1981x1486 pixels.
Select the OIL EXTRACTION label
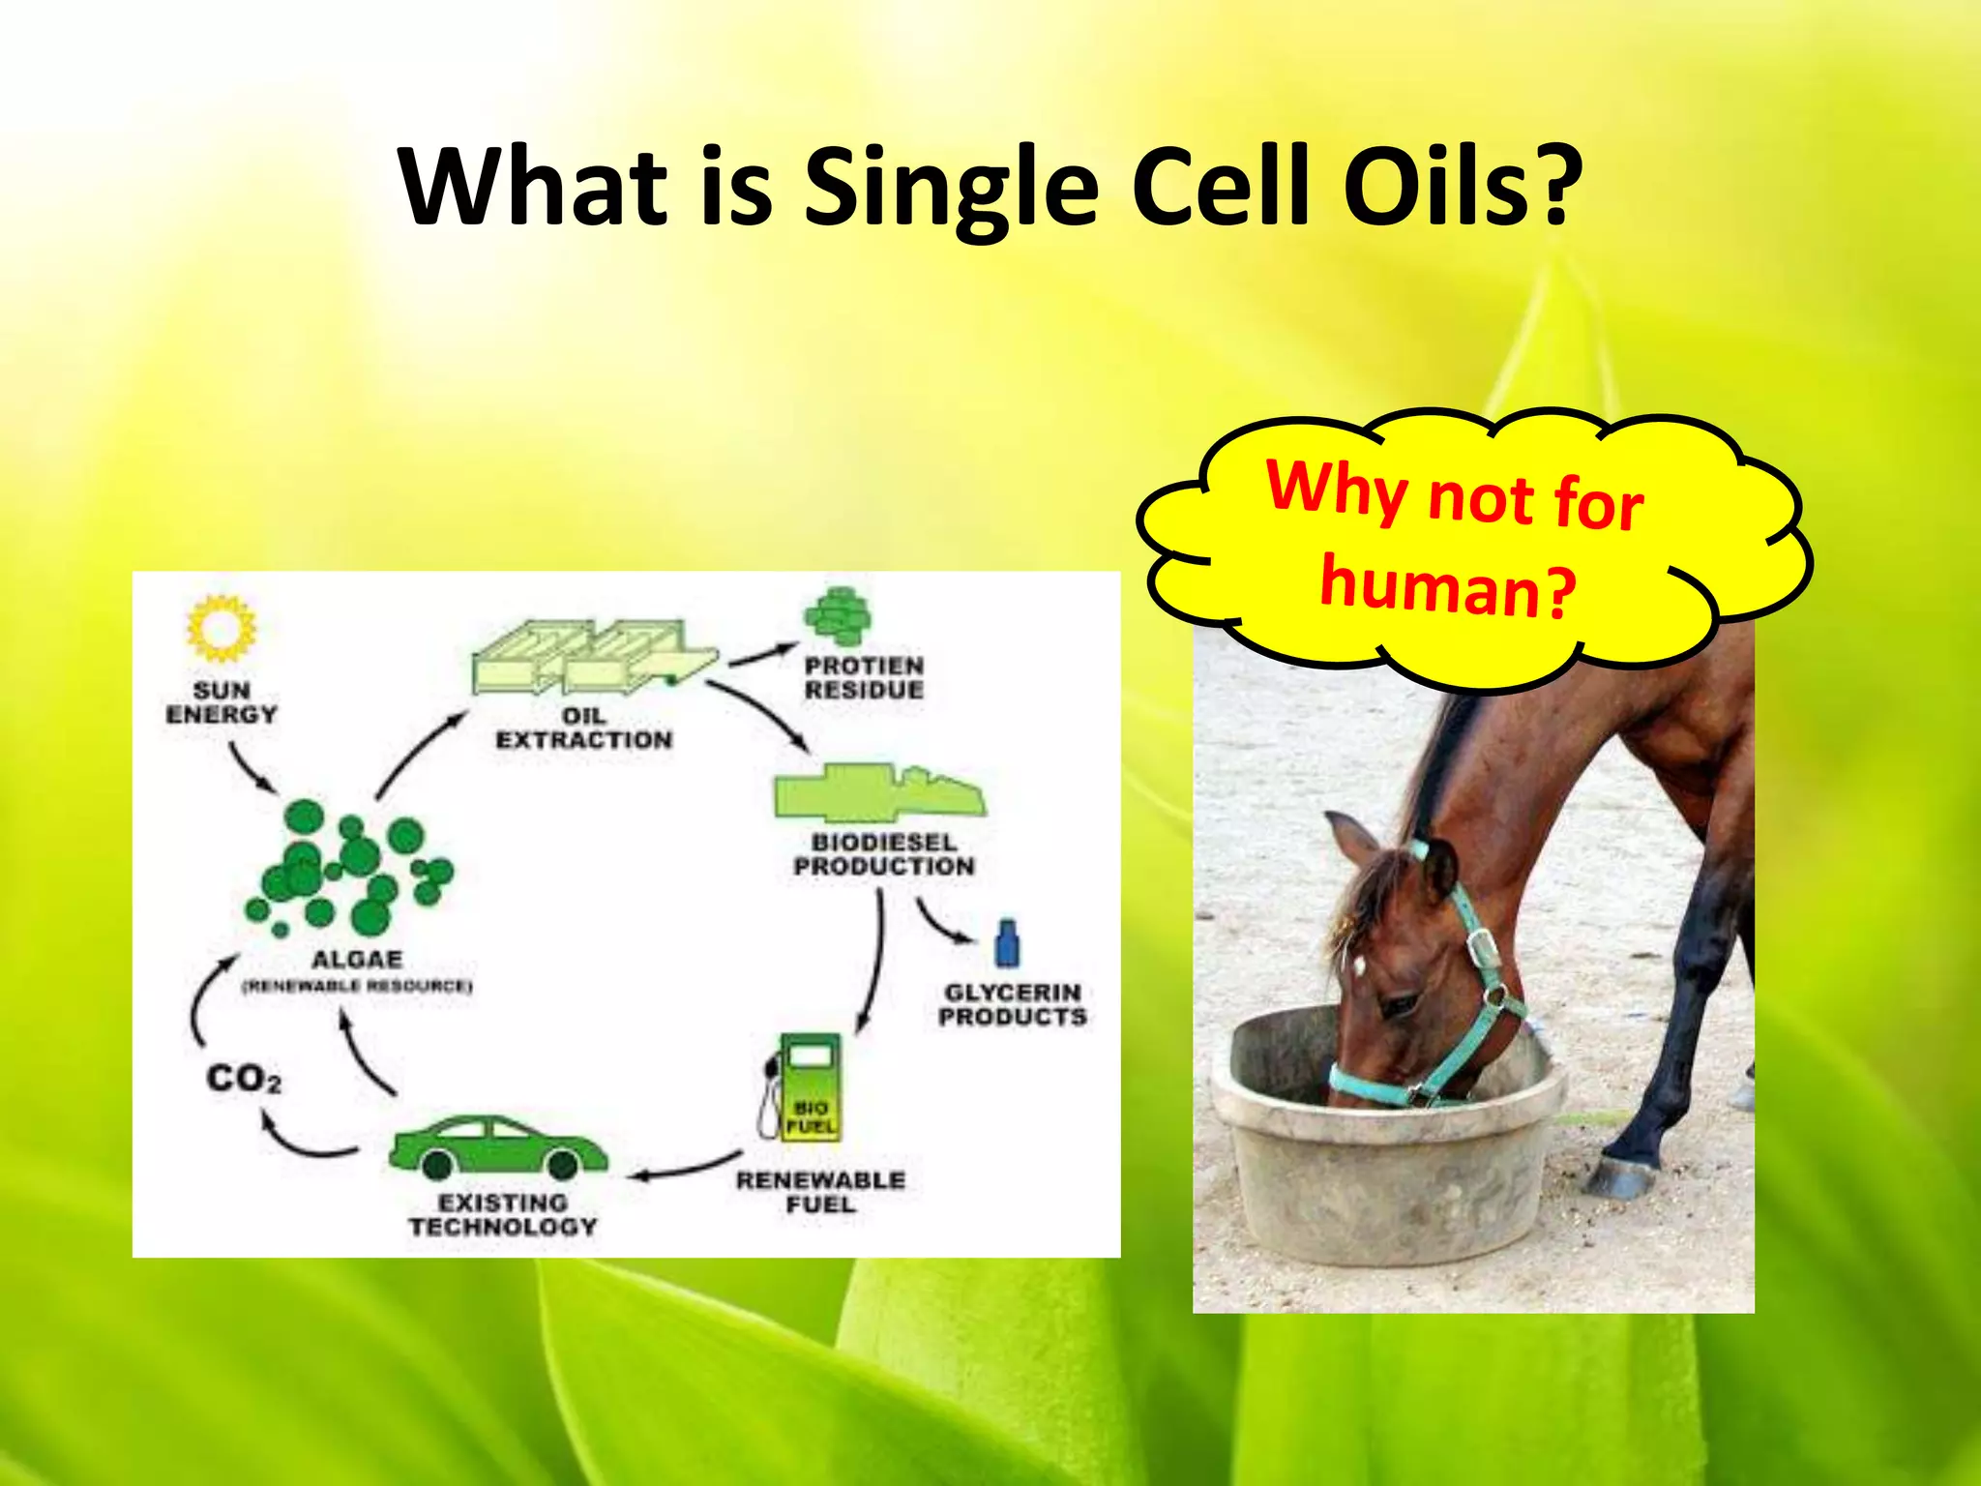click(584, 728)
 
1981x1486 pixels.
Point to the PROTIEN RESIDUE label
click(864, 677)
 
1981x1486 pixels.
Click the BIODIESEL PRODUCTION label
click(883, 854)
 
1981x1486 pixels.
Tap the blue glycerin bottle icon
click(1007, 943)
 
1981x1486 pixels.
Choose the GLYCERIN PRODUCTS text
click(1012, 1004)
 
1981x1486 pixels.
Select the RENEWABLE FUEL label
click(820, 1192)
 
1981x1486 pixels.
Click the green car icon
click(497, 1146)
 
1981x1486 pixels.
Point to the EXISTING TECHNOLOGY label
click(502, 1214)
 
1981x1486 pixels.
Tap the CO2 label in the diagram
click(244, 1079)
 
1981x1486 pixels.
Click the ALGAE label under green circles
click(356, 960)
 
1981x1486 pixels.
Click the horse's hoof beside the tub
click(1617, 1175)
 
